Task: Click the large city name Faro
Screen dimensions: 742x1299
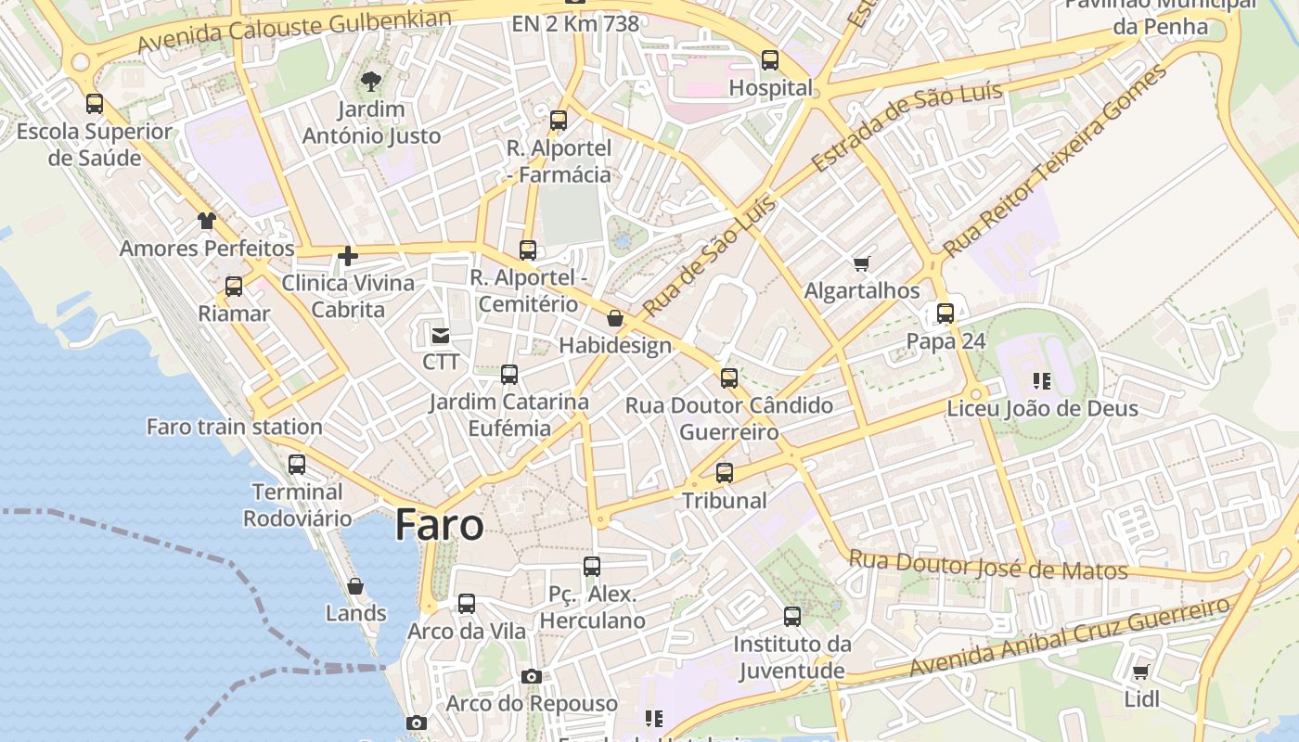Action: pos(439,525)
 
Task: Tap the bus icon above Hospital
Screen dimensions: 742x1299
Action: pos(770,60)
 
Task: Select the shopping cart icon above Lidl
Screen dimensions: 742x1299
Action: pos(1140,672)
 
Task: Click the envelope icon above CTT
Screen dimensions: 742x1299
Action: pos(440,335)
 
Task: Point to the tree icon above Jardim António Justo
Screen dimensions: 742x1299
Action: pos(371,82)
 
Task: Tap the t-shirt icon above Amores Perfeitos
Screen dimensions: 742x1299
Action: pos(206,221)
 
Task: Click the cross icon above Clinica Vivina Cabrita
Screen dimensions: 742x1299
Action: pos(348,256)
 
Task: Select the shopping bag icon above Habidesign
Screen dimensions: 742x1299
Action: pos(614,319)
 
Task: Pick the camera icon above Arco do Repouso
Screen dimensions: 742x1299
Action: pos(531,676)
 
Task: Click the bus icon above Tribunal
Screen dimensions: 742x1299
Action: pos(725,473)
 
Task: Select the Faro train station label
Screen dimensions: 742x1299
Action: pos(235,427)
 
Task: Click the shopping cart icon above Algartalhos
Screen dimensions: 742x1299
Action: pos(862,264)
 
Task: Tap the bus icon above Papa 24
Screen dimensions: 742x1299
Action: pos(945,313)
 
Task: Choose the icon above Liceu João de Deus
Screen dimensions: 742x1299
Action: pos(1042,380)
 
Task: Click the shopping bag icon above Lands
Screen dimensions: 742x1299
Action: pos(355,586)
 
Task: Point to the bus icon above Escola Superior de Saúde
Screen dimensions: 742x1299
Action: pos(95,104)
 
